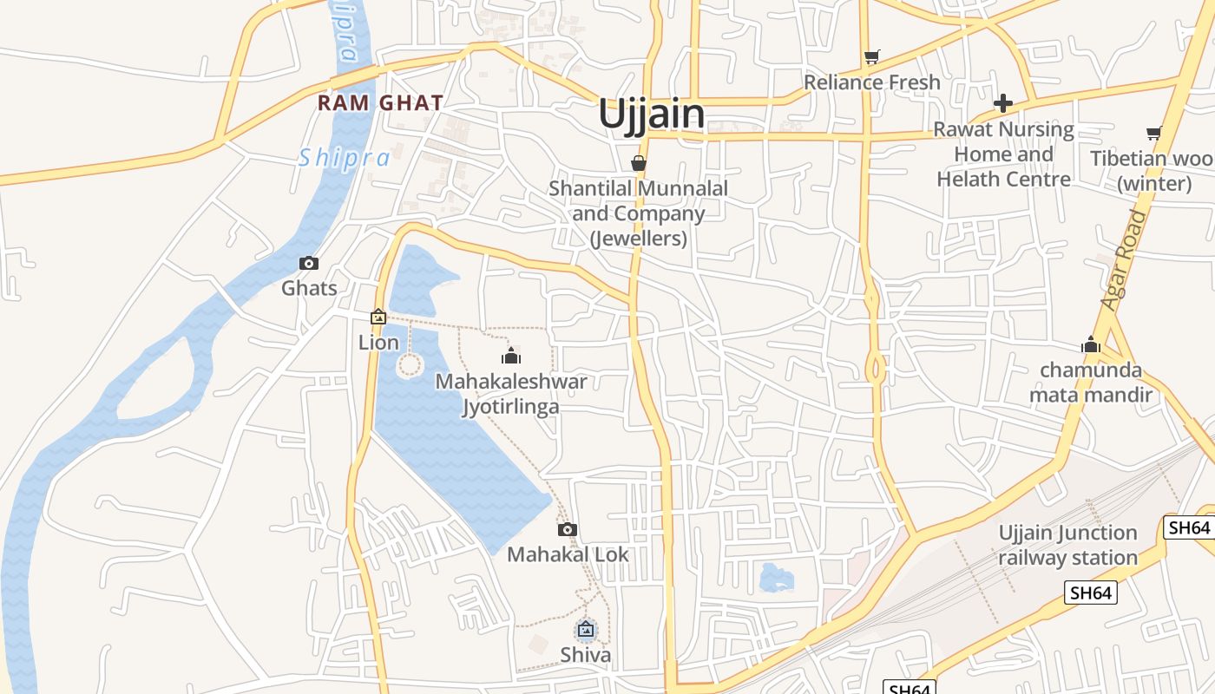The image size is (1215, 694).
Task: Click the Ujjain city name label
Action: [651, 115]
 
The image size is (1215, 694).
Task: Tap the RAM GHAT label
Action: [380, 102]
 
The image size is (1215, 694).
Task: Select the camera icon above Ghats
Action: [308, 263]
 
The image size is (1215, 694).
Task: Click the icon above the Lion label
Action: [378, 318]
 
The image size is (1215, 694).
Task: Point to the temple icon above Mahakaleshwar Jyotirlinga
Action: [511, 356]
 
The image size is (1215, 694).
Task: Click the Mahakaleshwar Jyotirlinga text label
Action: [511, 394]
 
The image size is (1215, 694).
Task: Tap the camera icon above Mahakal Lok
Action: [568, 529]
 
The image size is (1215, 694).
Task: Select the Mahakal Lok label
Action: [568, 554]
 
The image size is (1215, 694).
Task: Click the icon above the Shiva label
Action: [586, 629]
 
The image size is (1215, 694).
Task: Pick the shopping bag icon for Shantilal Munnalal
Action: [639, 163]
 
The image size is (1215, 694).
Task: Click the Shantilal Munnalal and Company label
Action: [639, 213]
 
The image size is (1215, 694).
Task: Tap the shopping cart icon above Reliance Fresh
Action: [872, 57]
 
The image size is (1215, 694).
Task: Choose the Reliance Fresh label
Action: [872, 82]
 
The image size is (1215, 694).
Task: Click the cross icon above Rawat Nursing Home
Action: [1003, 103]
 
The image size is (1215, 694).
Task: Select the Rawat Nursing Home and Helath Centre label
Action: [1003, 154]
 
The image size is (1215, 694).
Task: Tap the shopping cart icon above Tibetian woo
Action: [1153, 134]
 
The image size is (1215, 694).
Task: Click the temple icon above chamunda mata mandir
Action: [1091, 345]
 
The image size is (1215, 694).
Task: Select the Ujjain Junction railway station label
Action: [1067, 545]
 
